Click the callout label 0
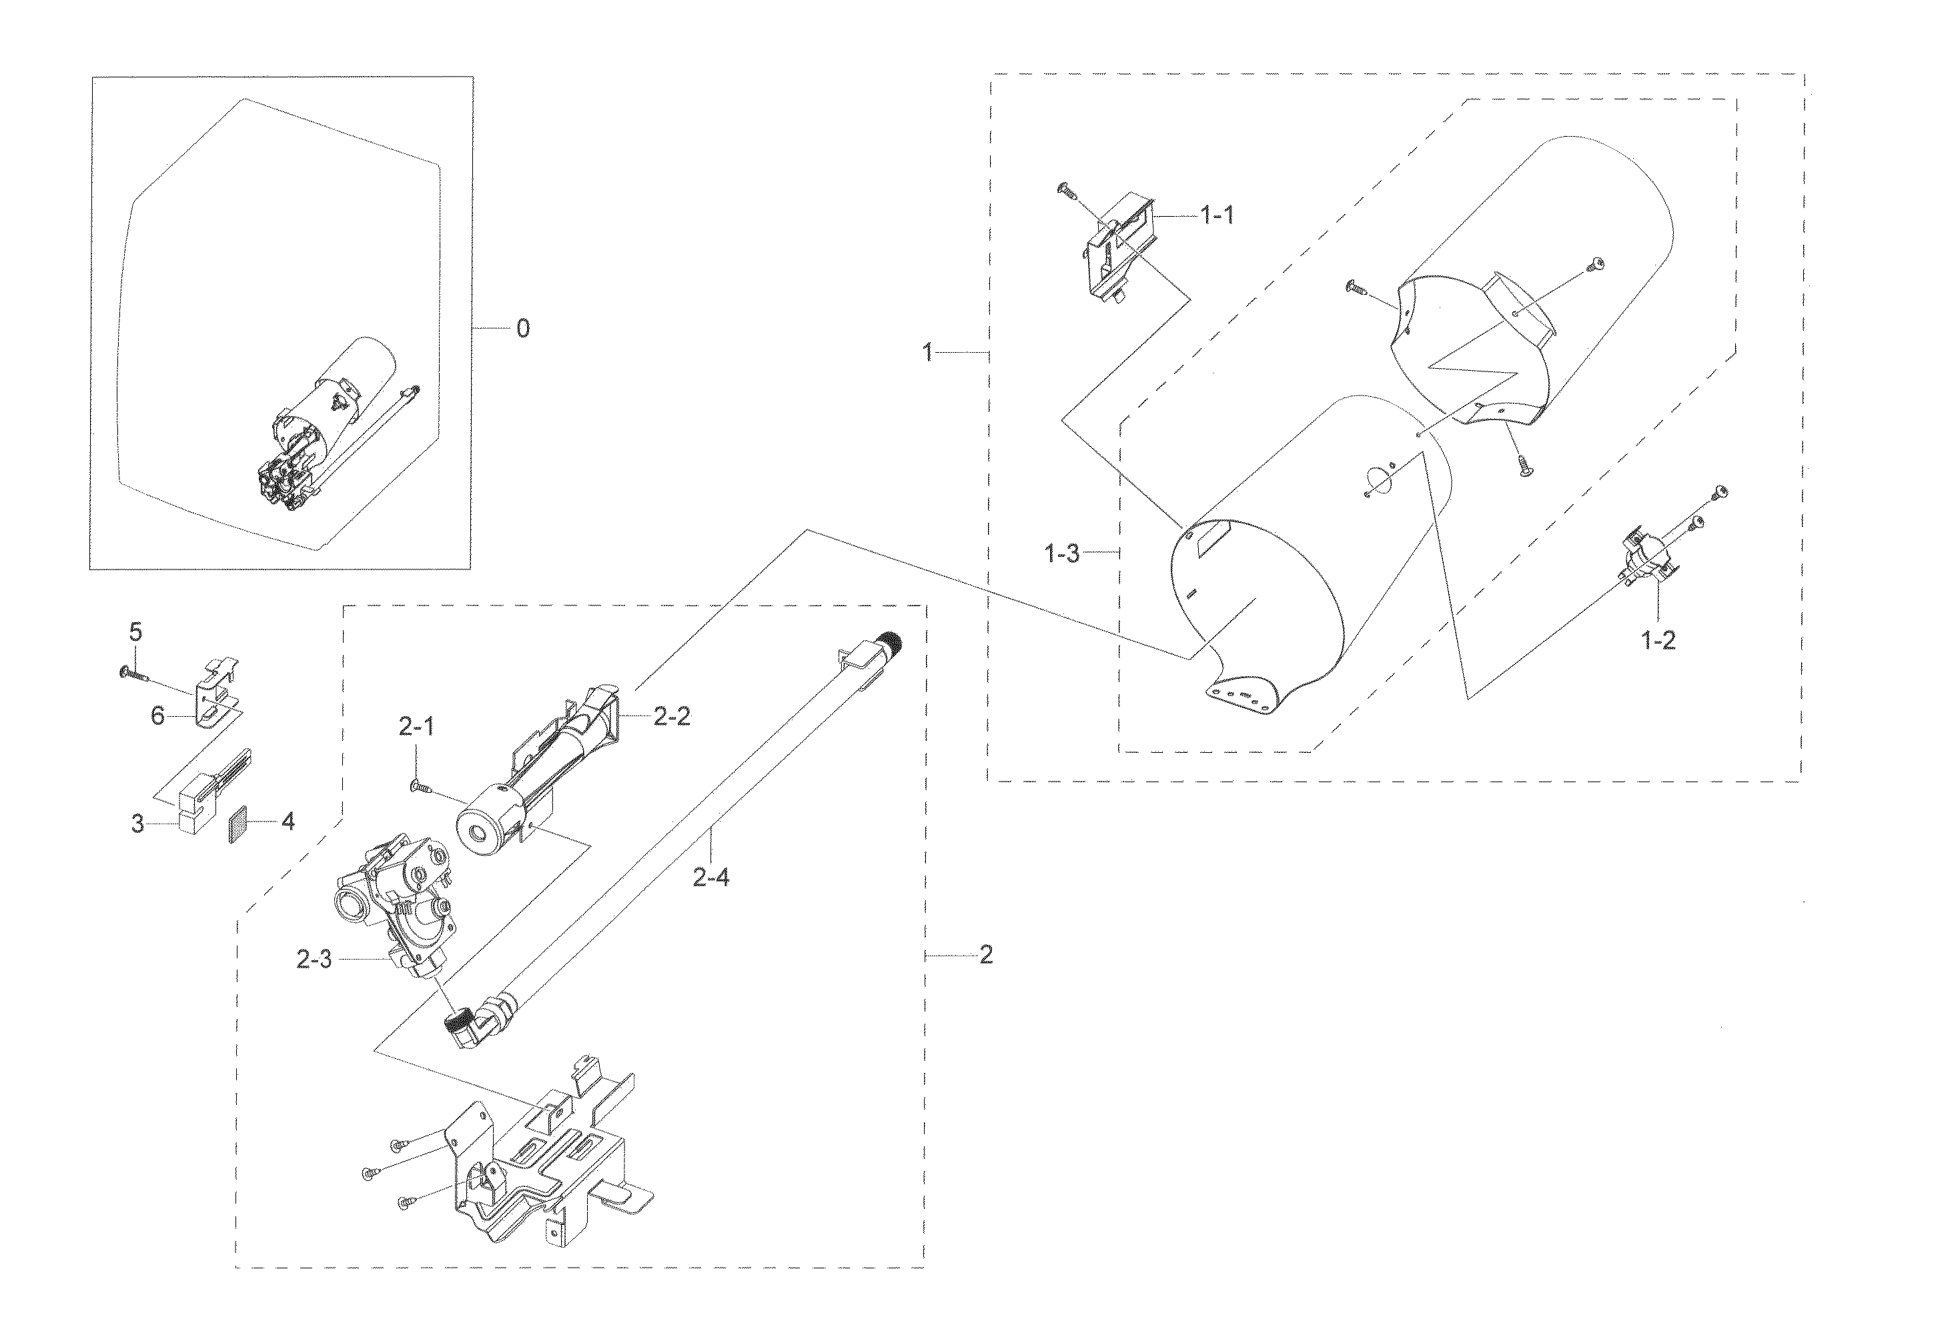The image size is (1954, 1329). click(523, 328)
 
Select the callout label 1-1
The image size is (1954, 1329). click(1217, 216)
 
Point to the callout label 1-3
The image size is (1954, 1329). click(1062, 554)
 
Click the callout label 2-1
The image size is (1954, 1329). click(416, 727)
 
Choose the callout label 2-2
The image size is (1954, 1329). click(672, 717)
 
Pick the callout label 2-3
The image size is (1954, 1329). click(314, 959)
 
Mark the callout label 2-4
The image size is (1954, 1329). click(710, 878)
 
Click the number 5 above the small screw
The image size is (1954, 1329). click(135, 632)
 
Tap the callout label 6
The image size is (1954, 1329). click(158, 716)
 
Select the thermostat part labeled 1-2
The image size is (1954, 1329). click(1644, 557)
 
